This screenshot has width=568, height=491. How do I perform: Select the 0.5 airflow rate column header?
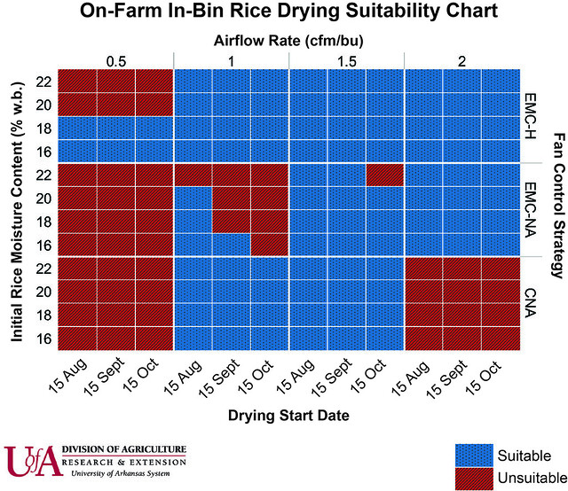coord(115,60)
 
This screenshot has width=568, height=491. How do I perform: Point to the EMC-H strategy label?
coord(530,114)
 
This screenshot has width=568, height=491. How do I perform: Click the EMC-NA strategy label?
coord(530,208)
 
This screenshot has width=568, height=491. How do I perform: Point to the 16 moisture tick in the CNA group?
coord(45,339)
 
